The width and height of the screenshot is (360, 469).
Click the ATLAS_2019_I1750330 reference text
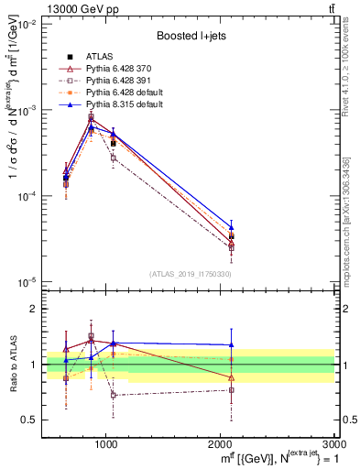point(191,274)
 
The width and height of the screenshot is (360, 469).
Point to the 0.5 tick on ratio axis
point(31,420)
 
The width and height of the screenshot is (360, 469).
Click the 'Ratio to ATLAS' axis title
point(12,364)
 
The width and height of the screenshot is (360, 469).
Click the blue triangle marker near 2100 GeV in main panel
point(232,226)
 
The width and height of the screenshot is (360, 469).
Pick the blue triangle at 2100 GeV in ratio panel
point(232,345)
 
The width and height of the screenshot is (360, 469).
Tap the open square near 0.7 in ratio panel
point(113,395)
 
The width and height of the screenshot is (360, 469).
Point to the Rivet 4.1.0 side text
point(352,65)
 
